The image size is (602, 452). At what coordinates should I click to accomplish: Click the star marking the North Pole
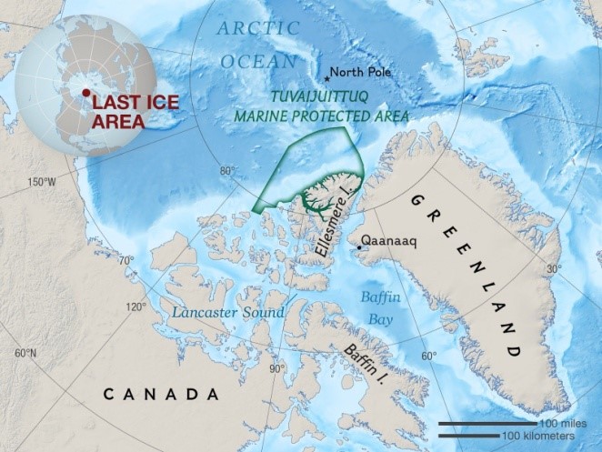pos(326,78)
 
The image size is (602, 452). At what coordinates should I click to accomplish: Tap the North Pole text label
pos(360,73)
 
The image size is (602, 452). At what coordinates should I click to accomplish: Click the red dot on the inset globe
pos(86,93)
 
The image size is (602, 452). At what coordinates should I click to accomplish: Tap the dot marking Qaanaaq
pos(359,246)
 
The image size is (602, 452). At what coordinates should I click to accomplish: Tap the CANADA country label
pos(161,395)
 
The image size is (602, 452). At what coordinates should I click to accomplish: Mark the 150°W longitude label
pos(42,182)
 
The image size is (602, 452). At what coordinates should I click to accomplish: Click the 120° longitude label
pos(135,306)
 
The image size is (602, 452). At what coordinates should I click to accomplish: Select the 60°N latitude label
pos(25,353)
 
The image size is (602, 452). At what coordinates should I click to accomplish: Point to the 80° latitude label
pos(226,171)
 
